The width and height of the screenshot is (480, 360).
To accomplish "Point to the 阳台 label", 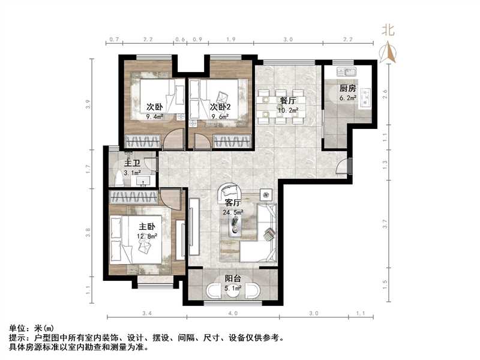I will pos(233,279).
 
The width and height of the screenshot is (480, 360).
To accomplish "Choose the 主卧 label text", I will pos(148,227).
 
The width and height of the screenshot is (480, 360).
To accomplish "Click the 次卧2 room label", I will pos(221,107).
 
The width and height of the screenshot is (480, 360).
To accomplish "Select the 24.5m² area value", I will pos(233,212).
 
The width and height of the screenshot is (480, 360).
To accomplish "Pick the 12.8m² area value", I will pos(148,236).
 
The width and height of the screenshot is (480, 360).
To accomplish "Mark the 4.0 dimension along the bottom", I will pos(233,314).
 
